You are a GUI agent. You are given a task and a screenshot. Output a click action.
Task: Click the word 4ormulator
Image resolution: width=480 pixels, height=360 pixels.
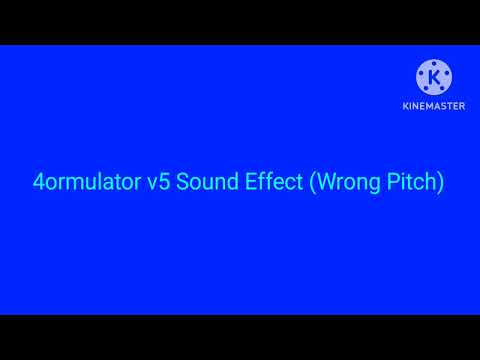click(x=83, y=184)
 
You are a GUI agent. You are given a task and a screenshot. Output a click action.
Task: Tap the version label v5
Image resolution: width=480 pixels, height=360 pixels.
click(x=149, y=184)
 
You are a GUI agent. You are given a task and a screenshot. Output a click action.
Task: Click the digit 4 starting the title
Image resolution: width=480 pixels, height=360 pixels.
click(x=40, y=184)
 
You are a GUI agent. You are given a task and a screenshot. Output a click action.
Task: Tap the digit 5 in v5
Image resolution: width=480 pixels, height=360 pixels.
click(x=155, y=184)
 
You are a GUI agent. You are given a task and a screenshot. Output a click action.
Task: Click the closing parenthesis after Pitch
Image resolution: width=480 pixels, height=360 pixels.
click(x=440, y=185)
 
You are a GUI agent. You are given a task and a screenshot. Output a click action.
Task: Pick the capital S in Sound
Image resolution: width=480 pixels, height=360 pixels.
click(x=174, y=184)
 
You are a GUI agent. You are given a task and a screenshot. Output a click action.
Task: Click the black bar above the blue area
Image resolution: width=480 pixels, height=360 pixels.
click(x=240, y=22)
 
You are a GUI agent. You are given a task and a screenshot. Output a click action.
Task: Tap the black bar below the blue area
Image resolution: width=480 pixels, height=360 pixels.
click(x=240, y=337)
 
